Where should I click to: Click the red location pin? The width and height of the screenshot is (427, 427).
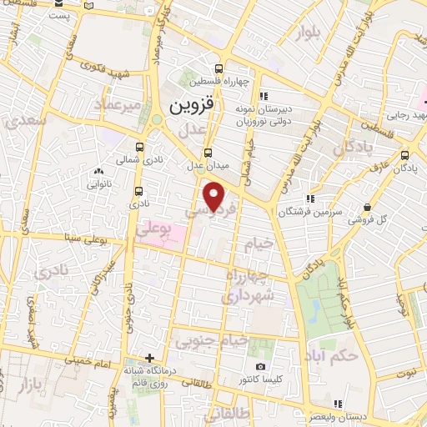(215, 196)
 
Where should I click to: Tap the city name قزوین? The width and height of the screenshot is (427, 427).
(192, 106)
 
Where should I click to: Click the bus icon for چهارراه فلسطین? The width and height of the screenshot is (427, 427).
(219, 68)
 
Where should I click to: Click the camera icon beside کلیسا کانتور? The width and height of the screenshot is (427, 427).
(260, 367)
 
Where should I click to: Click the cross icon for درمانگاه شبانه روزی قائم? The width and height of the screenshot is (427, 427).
(150, 358)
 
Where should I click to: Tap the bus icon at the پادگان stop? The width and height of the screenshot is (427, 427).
(405, 154)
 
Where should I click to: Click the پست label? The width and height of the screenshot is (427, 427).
(58, 15)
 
